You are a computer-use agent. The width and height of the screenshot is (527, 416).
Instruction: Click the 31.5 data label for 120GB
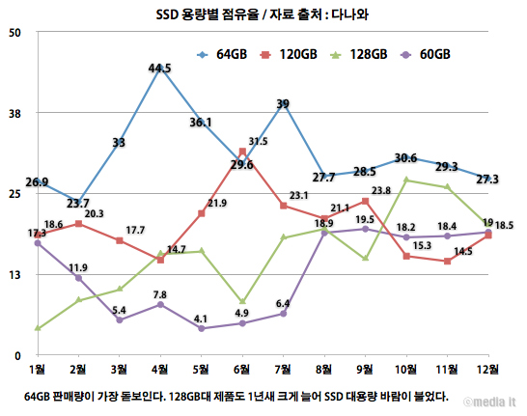[x=258, y=142]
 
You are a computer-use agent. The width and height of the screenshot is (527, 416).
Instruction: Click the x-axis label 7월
[x=283, y=370]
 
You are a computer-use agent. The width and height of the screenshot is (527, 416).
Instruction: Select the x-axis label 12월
[x=487, y=370]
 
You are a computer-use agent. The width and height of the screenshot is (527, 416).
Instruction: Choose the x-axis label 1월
[x=38, y=370]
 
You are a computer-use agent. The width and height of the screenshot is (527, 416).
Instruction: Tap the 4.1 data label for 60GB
[x=201, y=319]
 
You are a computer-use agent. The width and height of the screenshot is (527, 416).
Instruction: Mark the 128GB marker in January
[x=38, y=328]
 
